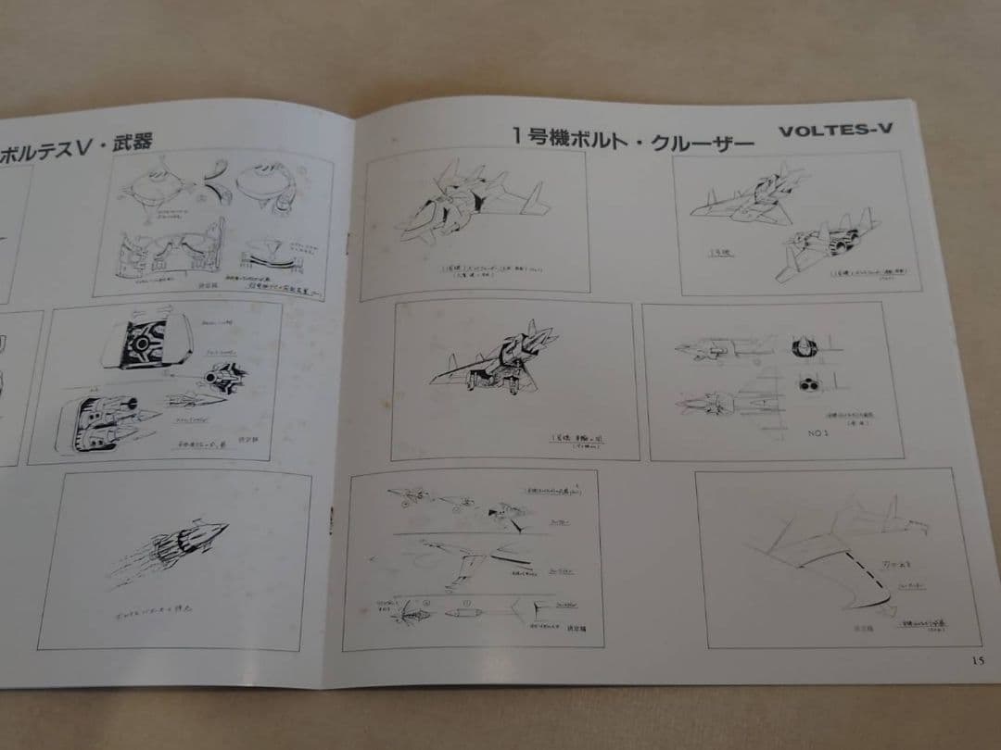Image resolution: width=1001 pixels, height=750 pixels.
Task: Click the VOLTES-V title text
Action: (835, 130)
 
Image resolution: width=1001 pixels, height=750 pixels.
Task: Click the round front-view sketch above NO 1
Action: (803, 346)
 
